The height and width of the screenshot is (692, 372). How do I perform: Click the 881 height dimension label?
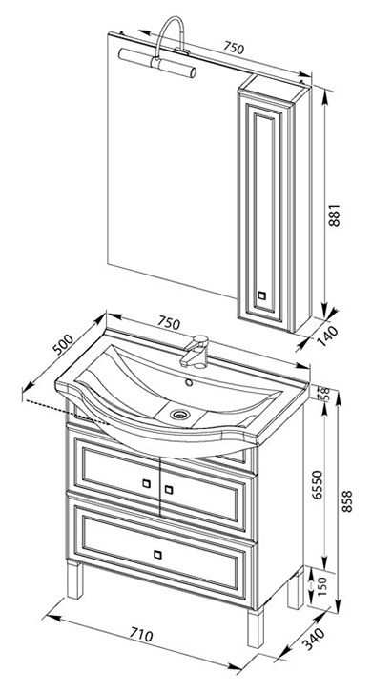(336, 214)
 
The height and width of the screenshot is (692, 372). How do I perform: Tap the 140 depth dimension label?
(328, 336)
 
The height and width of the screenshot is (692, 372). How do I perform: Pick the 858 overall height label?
(348, 500)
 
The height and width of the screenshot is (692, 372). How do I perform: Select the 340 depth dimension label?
(314, 639)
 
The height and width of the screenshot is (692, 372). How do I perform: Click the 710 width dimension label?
(141, 635)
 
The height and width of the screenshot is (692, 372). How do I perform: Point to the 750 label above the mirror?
(233, 48)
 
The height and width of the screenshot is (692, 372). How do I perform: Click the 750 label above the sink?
(168, 323)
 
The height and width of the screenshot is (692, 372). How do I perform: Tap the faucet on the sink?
(195, 352)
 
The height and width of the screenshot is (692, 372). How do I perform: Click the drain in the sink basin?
(180, 414)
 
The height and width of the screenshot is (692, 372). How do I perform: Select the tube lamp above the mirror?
(157, 63)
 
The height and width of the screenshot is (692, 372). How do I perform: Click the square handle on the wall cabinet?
(262, 295)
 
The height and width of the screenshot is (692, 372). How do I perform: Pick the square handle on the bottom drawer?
(157, 555)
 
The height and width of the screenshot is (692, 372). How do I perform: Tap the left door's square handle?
(146, 483)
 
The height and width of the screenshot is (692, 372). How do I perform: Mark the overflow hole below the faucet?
(189, 382)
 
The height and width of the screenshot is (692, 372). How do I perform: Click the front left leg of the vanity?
(74, 580)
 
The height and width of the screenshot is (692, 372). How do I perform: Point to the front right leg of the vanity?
(256, 628)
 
